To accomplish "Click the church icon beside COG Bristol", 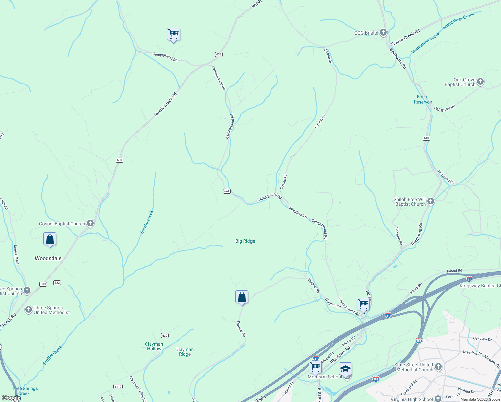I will point(383,33).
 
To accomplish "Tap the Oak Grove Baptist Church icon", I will point(480,82).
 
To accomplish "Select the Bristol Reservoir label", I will point(423,99).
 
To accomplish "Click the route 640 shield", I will point(426,138).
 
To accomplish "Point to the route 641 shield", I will point(227,191).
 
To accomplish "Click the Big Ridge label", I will point(245,241).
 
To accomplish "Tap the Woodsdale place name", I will point(48,258).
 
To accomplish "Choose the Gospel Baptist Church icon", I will point(90,223).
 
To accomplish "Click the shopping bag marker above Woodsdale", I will point(50,239).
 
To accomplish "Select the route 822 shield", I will point(57,283).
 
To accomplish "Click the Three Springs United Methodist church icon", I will point(29,310).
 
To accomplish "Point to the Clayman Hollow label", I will point(154,346).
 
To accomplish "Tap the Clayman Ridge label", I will point(185,352).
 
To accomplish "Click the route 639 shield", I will point(164,335).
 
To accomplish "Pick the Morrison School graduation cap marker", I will point(345,369).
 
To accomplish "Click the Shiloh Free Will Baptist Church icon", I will point(431,201).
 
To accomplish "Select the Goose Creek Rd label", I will point(406,38).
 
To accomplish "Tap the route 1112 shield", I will point(118,386).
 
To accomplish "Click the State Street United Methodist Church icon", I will point(438,367).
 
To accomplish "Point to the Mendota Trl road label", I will point(298,213).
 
